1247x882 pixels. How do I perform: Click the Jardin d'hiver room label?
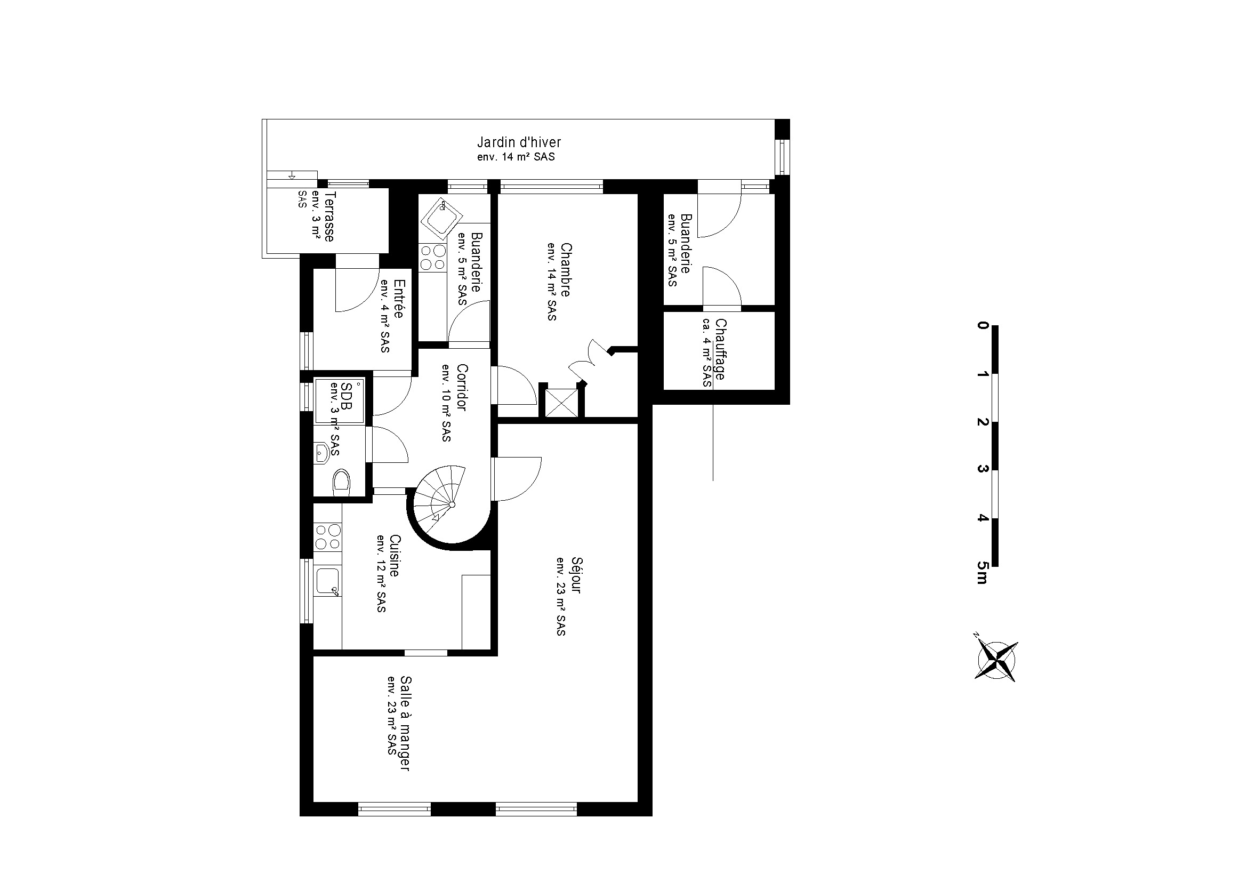[x=519, y=142]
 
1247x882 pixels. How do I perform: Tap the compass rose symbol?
[x=996, y=660]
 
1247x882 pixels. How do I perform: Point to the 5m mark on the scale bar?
[x=981, y=572]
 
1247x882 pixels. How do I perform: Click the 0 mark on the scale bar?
[x=982, y=325]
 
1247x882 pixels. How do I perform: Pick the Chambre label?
[x=565, y=270]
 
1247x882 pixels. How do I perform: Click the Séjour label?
[x=576, y=575]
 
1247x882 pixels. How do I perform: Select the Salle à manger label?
[x=405, y=723]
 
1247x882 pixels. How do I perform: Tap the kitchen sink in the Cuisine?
[x=328, y=582]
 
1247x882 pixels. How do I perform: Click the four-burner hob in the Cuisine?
[x=327, y=536]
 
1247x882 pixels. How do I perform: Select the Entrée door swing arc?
[x=356, y=291]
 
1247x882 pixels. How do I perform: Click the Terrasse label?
[x=329, y=216]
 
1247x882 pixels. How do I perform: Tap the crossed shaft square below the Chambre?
[x=561, y=403]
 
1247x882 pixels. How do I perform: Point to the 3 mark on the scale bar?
[x=982, y=469]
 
